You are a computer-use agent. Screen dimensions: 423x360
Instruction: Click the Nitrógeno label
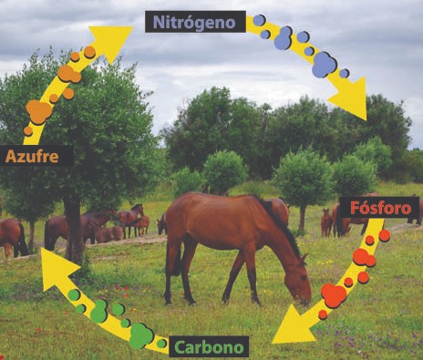tap(195, 22)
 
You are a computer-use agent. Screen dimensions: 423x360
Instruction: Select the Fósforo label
tap(380, 208)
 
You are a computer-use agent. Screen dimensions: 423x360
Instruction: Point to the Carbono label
tap(209, 346)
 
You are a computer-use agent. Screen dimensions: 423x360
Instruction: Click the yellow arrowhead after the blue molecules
tap(353, 97)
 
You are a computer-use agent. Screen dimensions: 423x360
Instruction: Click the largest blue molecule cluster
tap(325, 65)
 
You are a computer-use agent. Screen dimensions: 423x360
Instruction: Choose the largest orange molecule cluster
tap(39, 112)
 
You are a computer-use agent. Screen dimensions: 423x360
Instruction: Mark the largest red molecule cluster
tap(334, 295)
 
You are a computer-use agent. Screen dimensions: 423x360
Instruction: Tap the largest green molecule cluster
tap(141, 336)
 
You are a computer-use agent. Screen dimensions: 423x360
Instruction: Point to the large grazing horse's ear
tap(304, 258)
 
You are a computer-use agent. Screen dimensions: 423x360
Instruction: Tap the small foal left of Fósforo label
tap(325, 222)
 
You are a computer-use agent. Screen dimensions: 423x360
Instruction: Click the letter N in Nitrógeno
tap(159, 22)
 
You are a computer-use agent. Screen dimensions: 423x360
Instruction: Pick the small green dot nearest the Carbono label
tap(161, 344)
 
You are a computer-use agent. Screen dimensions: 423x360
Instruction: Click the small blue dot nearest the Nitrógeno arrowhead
tap(345, 73)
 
